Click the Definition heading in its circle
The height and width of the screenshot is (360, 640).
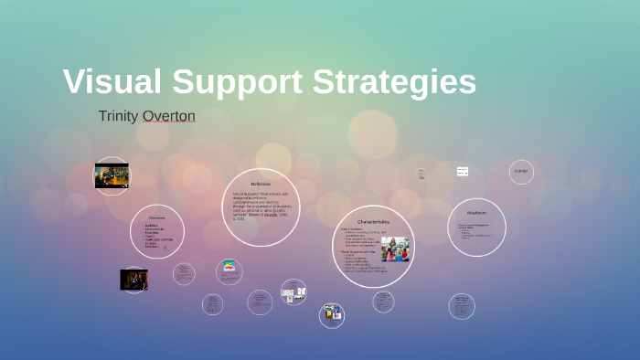(261, 184)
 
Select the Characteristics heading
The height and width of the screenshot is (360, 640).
(375, 222)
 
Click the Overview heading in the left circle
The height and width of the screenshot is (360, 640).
(156, 217)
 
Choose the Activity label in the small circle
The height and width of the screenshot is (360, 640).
(521, 171)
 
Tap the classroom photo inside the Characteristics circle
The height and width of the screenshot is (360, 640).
(395, 249)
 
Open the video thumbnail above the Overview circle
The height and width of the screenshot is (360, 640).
(112, 175)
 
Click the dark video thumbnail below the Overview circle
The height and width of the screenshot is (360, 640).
(133, 279)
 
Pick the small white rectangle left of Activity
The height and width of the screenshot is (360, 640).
(463, 171)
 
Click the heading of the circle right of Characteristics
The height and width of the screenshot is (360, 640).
(476, 212)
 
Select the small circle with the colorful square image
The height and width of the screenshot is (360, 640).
(229, 270)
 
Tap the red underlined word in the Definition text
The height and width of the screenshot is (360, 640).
(271, 216)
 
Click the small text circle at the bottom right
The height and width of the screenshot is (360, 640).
(462, 305)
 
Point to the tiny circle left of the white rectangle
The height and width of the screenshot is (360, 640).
(421, 173)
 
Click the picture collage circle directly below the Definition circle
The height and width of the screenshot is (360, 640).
(293, 292)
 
